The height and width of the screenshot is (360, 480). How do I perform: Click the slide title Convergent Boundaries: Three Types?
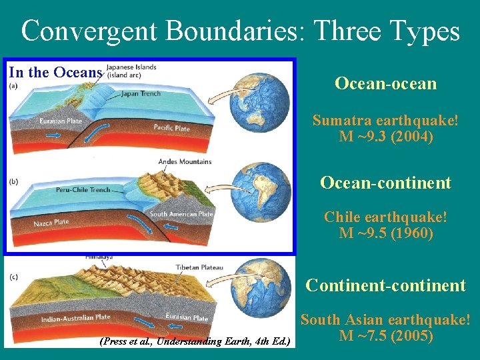240,31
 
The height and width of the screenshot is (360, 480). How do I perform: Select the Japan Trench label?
142,93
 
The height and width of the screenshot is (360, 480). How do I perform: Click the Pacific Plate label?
171,127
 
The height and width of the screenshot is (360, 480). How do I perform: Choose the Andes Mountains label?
185,161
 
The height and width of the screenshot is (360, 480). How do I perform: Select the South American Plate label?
181,214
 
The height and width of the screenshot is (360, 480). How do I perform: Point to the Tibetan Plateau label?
199,267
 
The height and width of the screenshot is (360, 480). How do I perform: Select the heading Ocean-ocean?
385,83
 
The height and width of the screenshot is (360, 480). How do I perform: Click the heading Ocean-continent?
385,183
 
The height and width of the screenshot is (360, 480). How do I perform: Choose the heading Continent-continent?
385,285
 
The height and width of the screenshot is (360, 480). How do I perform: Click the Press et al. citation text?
194,341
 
